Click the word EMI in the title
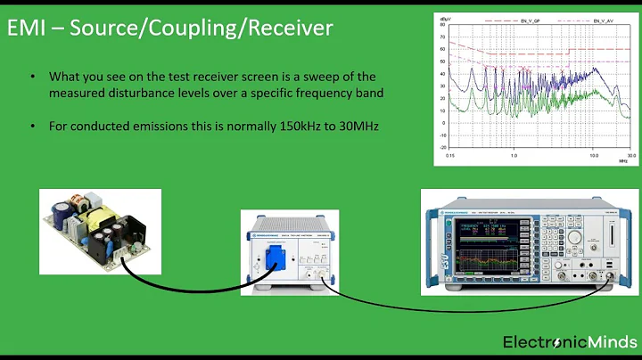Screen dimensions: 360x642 [28, 29]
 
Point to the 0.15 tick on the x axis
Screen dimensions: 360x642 [453, 155]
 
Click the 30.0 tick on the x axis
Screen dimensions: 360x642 [630, 155]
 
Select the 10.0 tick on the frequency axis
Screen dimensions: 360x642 [592, 155]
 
